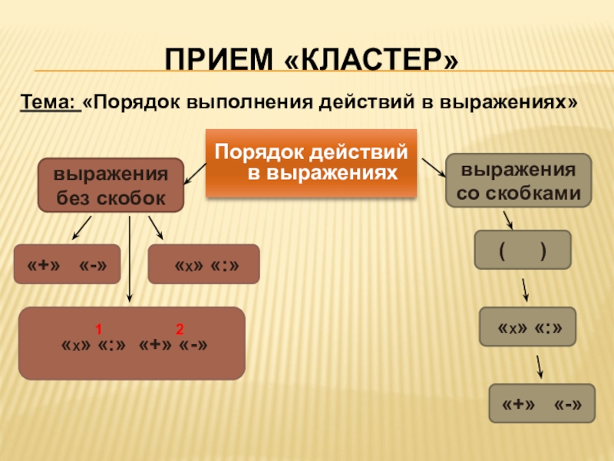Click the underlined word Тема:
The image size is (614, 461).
(x=51, y=102)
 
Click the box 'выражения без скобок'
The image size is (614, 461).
(x=111, y=184)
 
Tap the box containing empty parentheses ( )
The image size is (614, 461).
(x=522, y=249)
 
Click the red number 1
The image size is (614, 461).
(x=99, y=330)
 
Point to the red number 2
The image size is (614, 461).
(x=179, y=330)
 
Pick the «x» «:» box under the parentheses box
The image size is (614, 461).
(x=527, y=328)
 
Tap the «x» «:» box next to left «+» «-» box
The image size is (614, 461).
(x=203, y=264)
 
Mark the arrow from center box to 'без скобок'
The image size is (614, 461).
(x=195, y=173)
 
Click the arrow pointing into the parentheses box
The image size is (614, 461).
(x=507, y=219)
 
